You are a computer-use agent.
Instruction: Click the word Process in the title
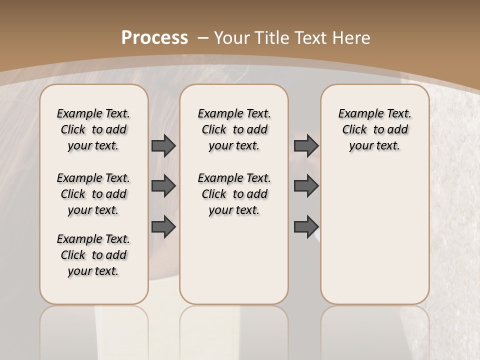coord(154,37)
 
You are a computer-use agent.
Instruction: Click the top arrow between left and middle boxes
coord(163,146)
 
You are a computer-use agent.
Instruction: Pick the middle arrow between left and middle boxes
coord(163,186)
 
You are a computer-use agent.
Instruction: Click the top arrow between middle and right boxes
coord(306,146)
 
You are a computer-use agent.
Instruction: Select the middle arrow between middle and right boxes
coord(306,186)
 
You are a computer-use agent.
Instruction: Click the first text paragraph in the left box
coord(93,129)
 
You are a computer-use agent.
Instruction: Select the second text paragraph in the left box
coord(93,194)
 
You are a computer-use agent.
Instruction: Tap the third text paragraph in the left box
coord(93,255)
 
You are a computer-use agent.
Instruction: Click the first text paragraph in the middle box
coord(234,129)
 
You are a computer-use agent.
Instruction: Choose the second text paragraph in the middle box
coord(234,194)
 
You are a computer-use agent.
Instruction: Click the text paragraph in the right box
coord(375,129)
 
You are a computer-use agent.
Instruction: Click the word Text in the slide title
coord(311,38)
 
